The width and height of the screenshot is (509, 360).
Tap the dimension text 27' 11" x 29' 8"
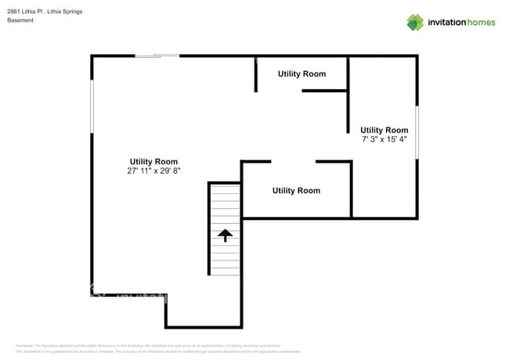[x=153, y=171]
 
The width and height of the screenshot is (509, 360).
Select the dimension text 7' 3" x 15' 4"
[x=384, y=139]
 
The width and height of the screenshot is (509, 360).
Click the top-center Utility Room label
[x=301, y=74]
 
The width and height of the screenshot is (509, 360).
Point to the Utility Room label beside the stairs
[x=296, y=190]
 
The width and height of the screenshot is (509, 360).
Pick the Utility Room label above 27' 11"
[x=153, y=161]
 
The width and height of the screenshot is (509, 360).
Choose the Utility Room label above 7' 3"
[x=384, y=130]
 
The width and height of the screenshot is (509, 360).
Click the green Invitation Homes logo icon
[x=415, y=22]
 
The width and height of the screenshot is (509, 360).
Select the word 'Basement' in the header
[x=20, y=20]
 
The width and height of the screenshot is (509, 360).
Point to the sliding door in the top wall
[x=157, y=56]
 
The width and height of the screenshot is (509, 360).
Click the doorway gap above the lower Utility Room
[x=293, y=161]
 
